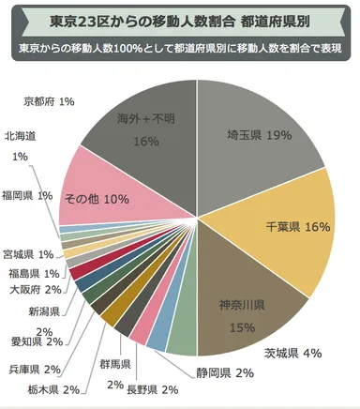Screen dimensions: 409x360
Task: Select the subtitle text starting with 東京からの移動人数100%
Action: pos(180,47)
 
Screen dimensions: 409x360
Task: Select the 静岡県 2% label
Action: pos(225,372)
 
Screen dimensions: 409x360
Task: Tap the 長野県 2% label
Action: pos(152,389)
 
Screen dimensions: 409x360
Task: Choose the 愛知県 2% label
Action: pos(37,341)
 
